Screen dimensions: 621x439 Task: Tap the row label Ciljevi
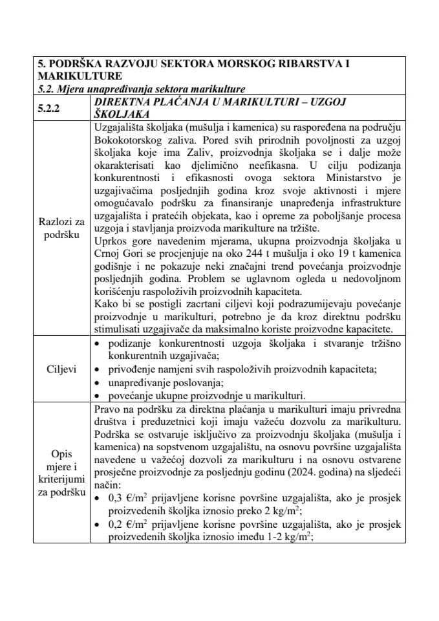(x=61, y=369)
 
